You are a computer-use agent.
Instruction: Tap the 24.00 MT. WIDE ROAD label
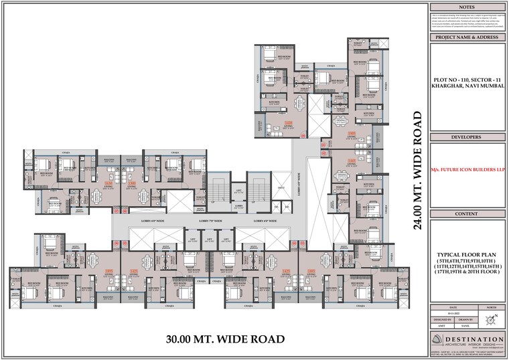(418, 171)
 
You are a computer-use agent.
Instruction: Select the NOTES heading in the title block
(467, 7)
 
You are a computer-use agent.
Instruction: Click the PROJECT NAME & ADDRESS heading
(467, 37)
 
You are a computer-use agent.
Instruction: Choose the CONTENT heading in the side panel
(467, 214)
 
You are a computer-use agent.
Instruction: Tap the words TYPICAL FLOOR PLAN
(467, 255)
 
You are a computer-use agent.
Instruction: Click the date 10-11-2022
(451, 312)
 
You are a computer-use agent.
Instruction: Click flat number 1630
(109, 182)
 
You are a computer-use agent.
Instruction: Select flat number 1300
(132, 182)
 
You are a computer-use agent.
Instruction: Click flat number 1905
(352, 134)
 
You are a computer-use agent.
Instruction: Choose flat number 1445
(352, 161)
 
